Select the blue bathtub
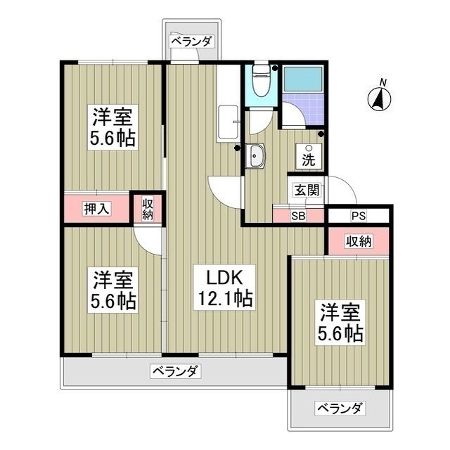302,81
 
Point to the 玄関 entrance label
307,189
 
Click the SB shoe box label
299,216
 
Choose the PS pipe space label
359,216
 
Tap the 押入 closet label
96,208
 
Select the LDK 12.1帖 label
224,288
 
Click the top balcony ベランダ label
191,41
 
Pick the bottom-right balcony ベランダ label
340,409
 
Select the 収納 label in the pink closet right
358,242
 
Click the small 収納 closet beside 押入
148,210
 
